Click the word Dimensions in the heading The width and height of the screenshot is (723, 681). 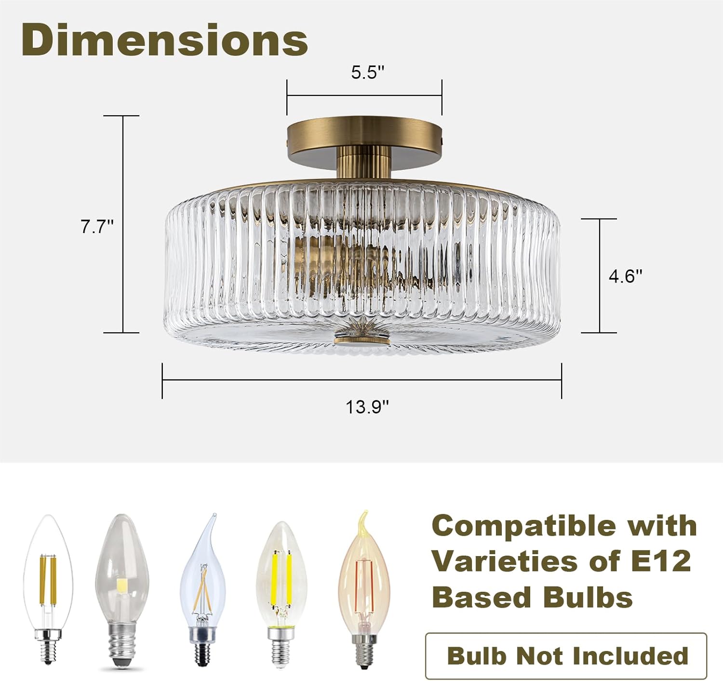[x=164, y=41]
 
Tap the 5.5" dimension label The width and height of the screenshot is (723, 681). [x=367, y=73]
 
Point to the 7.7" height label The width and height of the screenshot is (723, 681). [x=97, y=226]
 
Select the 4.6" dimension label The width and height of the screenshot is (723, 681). [x=626, y=276]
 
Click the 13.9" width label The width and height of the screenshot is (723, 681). [x=367, y=407]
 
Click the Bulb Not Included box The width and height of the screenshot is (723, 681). [x=566, y=655]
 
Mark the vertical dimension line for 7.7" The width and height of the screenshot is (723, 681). [x=123, y=224]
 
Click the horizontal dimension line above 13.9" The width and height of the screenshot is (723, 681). [x=361, y=380]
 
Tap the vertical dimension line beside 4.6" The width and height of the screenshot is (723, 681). [x=600, y=276]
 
